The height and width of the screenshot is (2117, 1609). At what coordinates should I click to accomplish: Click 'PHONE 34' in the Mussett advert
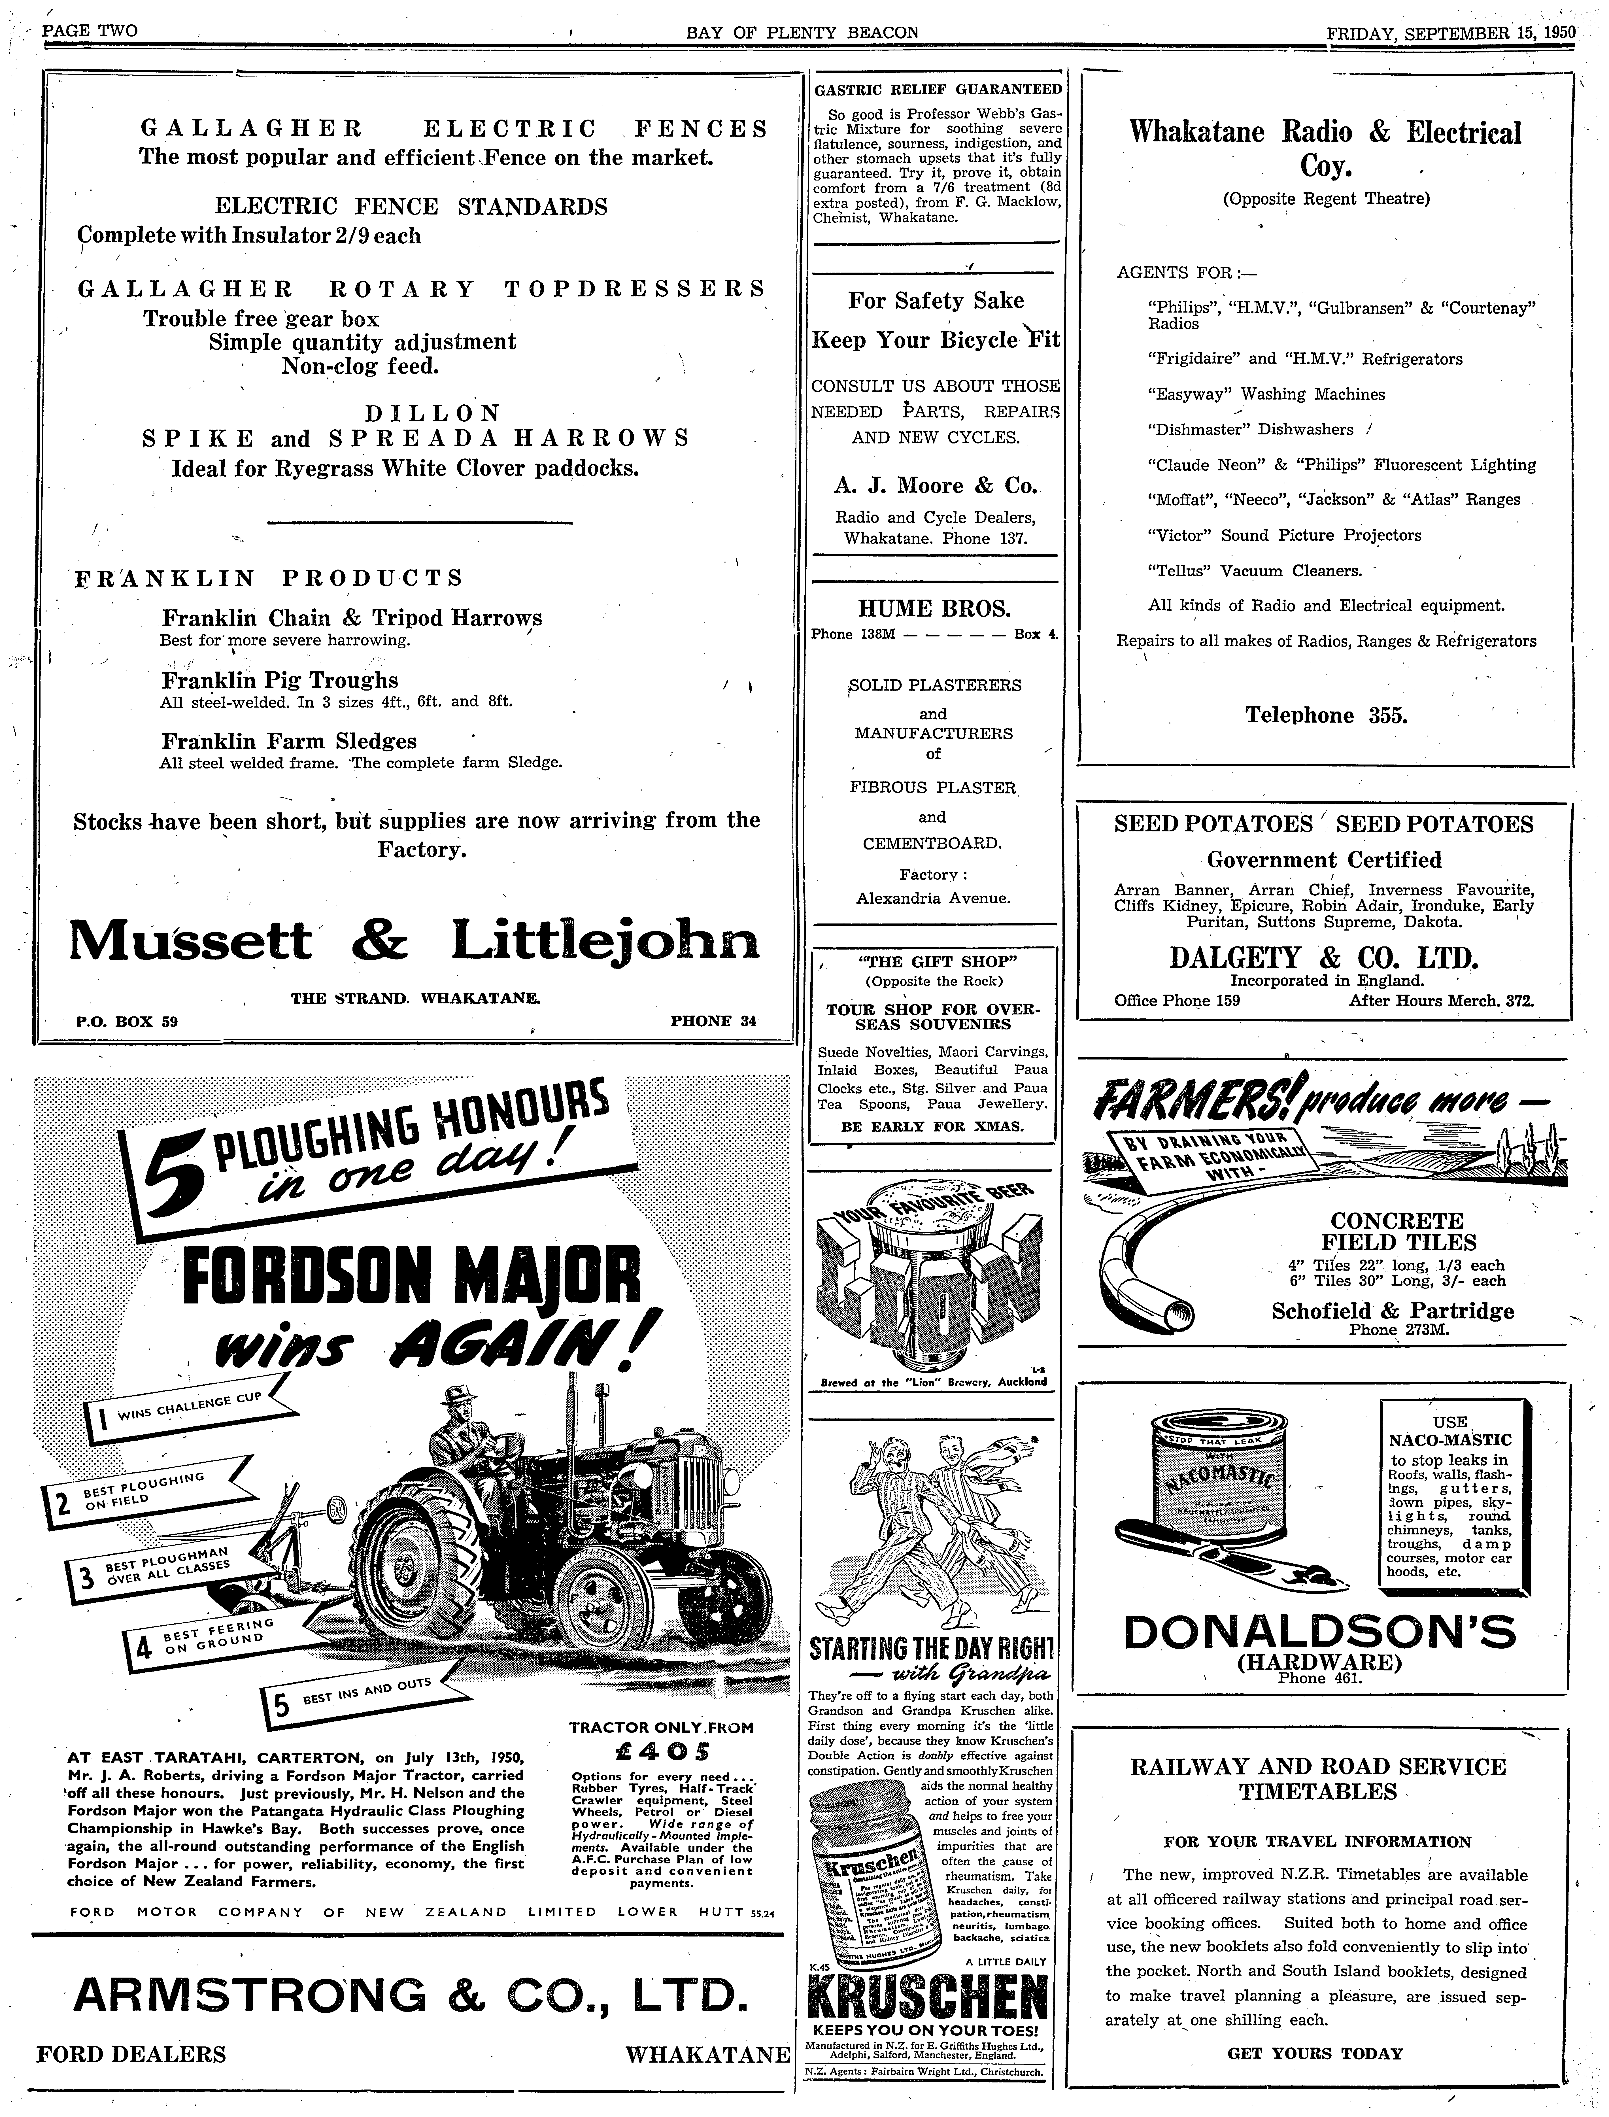[713, 1021]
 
